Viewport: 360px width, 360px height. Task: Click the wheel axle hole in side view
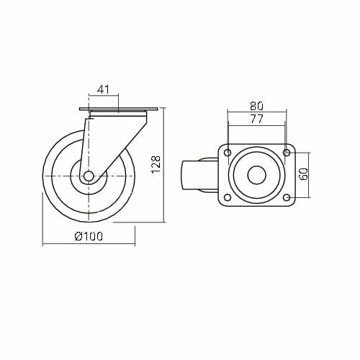click(89, 176)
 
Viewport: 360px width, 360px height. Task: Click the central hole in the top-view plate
click(256, 176)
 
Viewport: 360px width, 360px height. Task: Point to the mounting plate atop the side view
click(117, 110)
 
